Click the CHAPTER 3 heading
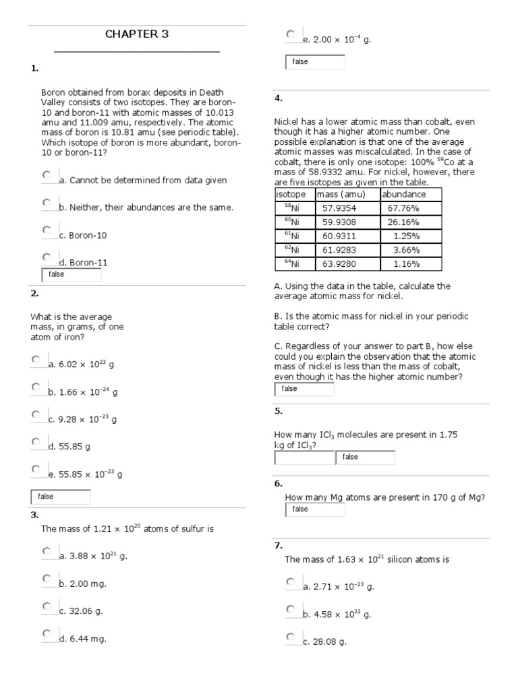pyautogui.click(x=137, y=34)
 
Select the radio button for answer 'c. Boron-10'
pyautogui.click(x=47, y=230)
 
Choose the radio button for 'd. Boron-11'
pyautogui.click(x=47, y=257)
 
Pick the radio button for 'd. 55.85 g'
pyautogui.click(x=36, y=441)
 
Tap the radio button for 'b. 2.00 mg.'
pyautogui.click(x=47, y=578)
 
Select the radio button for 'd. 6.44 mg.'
pyautogui.click(x=47, y=633)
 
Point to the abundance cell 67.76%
pyautogui.click(x=403, y=208)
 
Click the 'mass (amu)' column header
pyautogui.click(x=341, y=195)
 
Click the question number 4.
pyautogui.click(x=278, y=98)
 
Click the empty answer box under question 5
pyautogui.click(x=304, y=458)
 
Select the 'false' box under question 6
pyautogui.click(x=315, y=509)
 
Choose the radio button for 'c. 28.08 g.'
pyautogui.click(x=290, y=637)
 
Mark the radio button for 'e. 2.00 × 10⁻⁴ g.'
pyautogui.click(x=290, y=34)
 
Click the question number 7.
pyautogui.click(x=278, y=545)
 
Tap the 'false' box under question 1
pyautogui.click(x=71, y=275)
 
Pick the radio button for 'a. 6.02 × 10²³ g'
pyautogui.click(x=36, y=359)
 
